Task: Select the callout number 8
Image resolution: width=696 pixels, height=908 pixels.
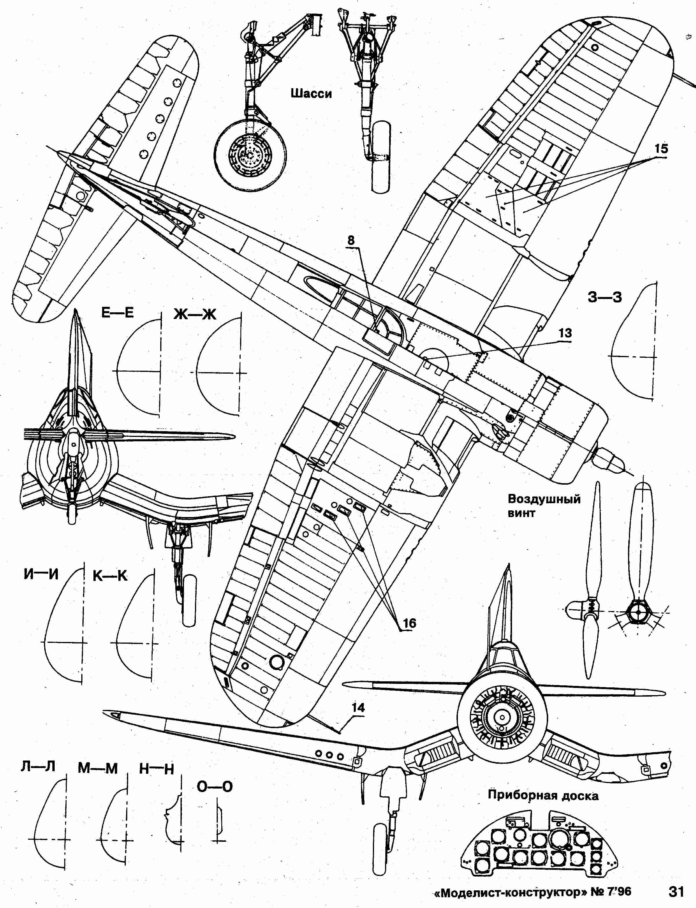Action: coord(351,240)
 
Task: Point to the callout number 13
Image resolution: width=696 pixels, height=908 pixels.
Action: coord(565,333)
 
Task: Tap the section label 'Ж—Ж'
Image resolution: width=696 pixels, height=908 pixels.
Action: coord(195,315)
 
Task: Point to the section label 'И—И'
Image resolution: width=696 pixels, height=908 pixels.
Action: coord(41,574)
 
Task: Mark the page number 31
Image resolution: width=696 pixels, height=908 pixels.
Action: coord(676,891)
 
